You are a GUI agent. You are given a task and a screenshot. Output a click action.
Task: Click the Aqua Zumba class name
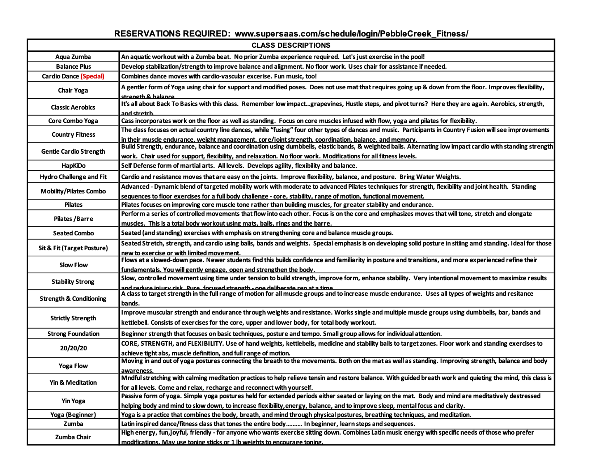pyautogui.click(x=73, y=57)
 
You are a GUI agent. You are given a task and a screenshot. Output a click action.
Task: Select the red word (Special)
pyautogui.click(x=92, y=76)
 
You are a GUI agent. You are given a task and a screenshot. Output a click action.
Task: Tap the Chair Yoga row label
pyautogui.click(x=73, y=90)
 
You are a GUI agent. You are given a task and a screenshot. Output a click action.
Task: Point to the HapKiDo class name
pyautogui.click(x=73, y=166)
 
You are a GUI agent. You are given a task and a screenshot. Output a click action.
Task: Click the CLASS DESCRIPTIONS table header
pyautogui.click(x=291, y=45)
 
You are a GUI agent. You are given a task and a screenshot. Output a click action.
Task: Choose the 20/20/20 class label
pyautogui.click(x=73, y=348)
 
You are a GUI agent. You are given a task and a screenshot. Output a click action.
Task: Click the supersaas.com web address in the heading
pyautogui.click(x=351, y=34)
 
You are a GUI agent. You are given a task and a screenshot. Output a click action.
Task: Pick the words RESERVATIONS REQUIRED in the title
pyautogui.click(x=172, y=34)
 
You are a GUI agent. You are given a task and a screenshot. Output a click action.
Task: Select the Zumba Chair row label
pyautogui.click(x=73, y=437)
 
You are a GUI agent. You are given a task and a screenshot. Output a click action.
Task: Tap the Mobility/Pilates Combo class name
pyautogui.click(x=73, y=191)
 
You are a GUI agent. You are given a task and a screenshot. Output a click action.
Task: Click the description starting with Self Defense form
pyautogui.click(x=239, y=166)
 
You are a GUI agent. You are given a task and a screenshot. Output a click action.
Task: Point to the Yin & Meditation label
pyautogui.click(x=73, y=383)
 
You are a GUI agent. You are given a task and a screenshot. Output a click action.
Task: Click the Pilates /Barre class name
pyautogui.click(x=73, y=219)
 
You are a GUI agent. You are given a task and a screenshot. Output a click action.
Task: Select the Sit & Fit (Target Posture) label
pyautogui.click(x=73, y=248)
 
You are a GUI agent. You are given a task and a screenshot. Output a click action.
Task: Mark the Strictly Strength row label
pyautogui.click(x=73, y=318)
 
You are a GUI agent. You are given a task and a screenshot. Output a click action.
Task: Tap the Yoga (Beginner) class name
pyautogui.click(x=73, y=415)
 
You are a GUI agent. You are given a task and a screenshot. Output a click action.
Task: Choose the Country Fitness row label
pyautogui.click(x=73, y=135)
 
